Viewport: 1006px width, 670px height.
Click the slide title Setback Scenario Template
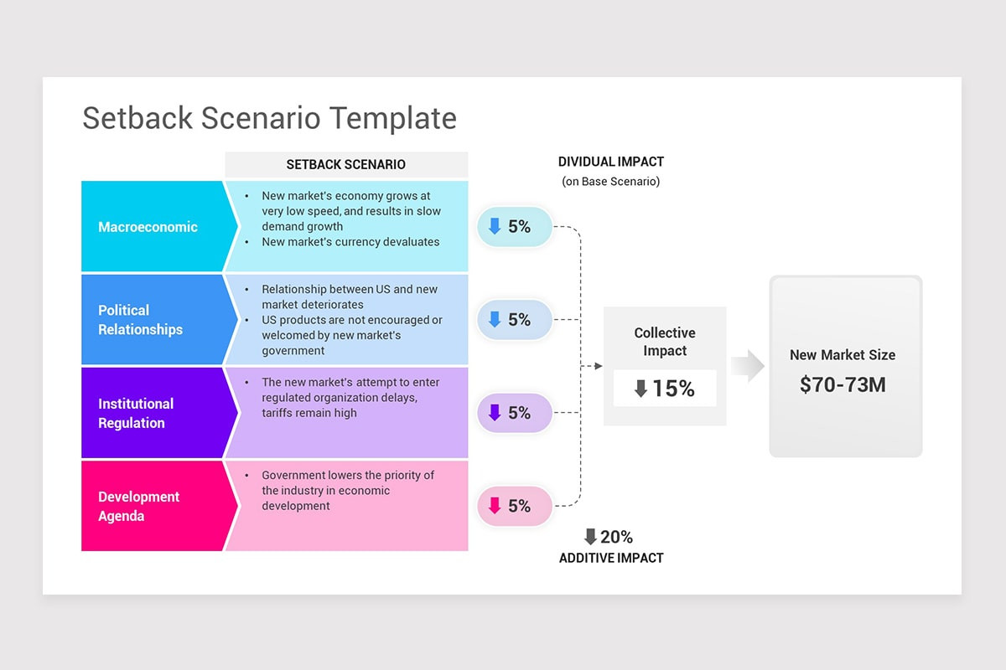point(269,118)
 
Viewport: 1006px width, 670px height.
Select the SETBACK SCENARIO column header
point(346,164)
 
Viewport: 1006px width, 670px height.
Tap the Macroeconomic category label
point(148,227)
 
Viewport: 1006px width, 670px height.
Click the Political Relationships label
point(140,320)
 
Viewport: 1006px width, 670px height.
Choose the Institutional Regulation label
point(136,413)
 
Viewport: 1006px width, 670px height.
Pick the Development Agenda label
point(138,506)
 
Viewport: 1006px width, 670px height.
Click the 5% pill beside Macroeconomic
point(514,226)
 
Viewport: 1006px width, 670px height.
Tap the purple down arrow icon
point(494,413)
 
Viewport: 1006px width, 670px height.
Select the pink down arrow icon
point(494,506)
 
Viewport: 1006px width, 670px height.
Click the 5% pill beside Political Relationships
point(514,320)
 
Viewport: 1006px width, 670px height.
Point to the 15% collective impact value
point(665,389)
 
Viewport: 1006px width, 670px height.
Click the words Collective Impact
point(665,342)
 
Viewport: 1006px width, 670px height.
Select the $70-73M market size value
point(843,384)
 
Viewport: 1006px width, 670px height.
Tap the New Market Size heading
point(843,355)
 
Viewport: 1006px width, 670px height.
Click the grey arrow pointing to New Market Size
point(747,367)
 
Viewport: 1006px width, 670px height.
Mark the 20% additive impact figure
point(609,537)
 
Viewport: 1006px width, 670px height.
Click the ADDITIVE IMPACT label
point(611,558)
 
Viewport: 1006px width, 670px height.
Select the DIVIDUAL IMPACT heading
point(611,162)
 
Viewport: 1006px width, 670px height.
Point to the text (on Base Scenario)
point(610,182)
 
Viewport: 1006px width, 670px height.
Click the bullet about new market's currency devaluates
point(350,242)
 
